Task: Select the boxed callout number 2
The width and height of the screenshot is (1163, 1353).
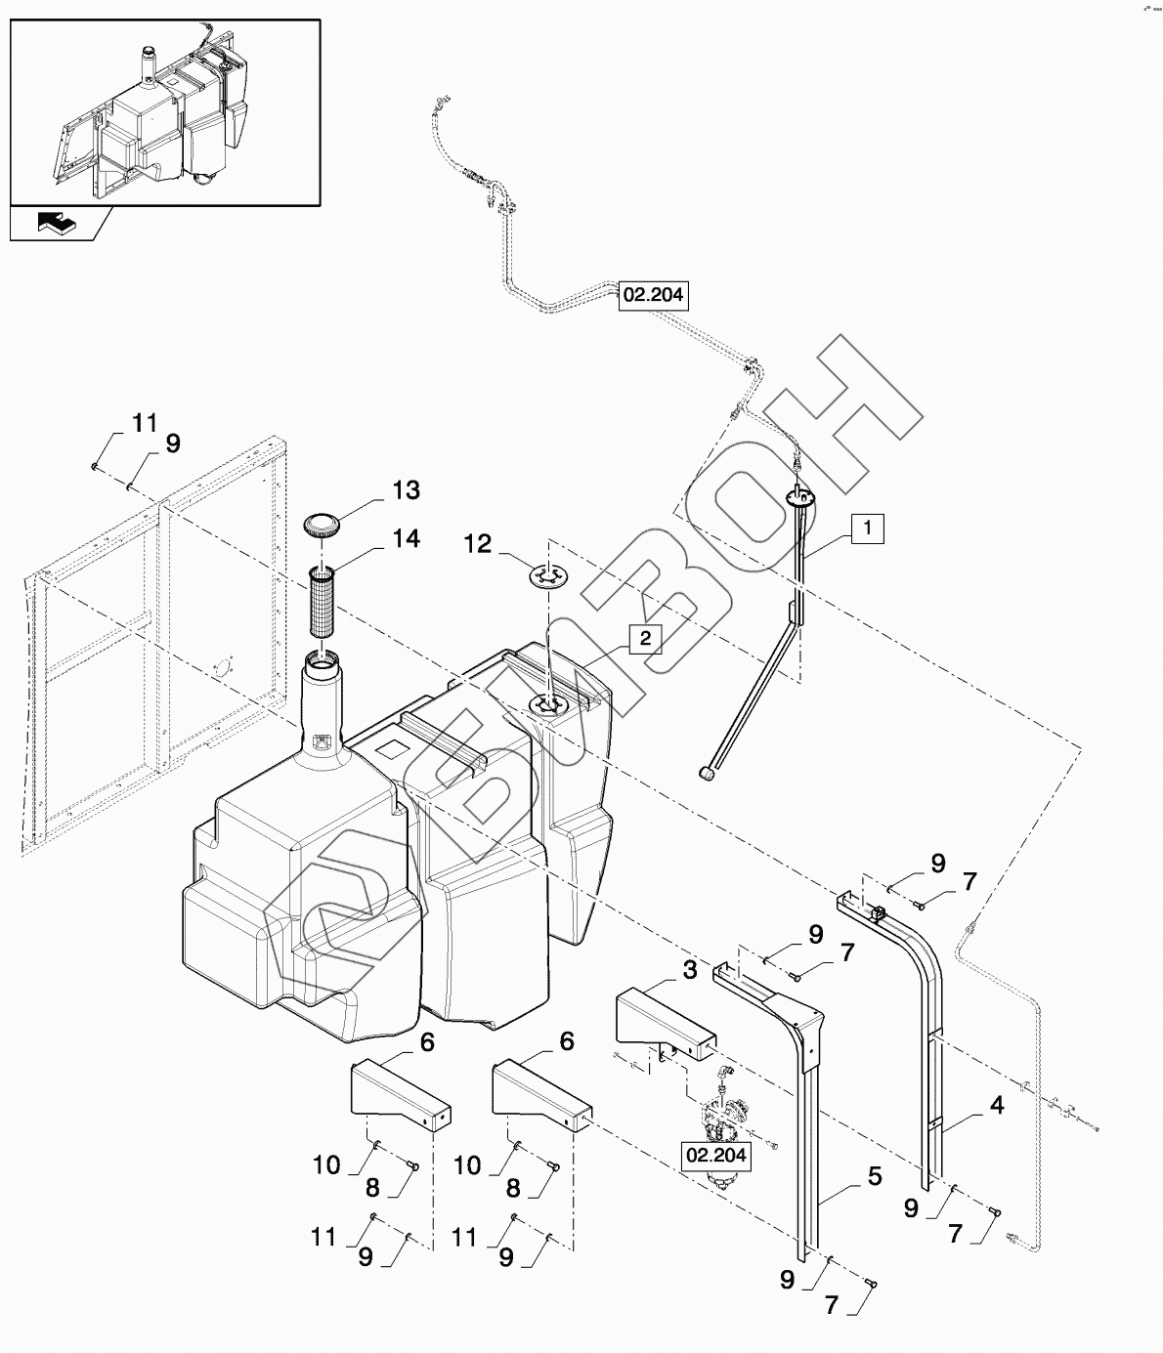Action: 646,638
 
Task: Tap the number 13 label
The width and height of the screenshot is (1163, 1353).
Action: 406,490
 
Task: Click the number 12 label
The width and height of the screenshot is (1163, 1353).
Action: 477,544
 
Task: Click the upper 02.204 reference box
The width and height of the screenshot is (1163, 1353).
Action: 654,295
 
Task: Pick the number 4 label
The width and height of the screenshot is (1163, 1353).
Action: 997,1106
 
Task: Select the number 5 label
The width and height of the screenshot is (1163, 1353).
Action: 875,1176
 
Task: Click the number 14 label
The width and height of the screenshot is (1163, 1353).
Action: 406,538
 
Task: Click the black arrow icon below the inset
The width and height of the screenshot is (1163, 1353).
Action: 58,223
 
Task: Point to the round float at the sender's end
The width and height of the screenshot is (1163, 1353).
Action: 706,774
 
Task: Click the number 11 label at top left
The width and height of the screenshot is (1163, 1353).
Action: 145,423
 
